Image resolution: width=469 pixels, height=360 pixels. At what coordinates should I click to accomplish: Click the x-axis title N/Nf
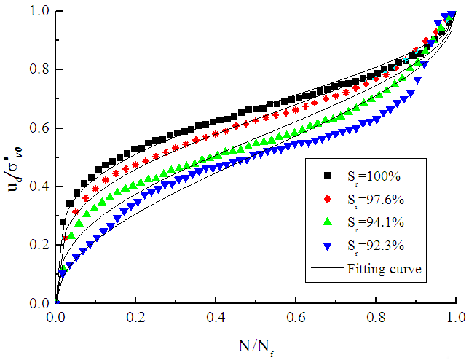tap(256, 342)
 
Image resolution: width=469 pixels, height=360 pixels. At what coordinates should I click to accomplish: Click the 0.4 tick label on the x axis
tap(216, 318)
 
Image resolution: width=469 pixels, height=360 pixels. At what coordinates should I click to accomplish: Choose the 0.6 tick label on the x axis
tap(296, 318)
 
